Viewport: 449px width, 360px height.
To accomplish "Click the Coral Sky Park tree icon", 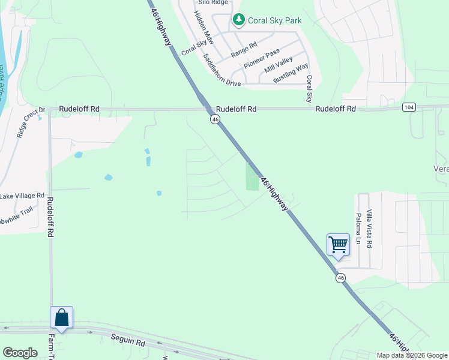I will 239,20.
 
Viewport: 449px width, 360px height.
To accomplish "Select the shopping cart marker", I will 338,245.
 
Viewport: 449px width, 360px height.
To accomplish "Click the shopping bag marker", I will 61,317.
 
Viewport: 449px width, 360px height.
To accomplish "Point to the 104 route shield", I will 409,107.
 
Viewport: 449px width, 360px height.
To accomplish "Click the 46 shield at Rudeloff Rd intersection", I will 214,119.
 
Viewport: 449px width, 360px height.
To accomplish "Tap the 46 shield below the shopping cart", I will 340,278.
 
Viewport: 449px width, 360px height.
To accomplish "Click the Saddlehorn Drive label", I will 221,70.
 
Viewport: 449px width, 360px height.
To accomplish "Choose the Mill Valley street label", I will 278,65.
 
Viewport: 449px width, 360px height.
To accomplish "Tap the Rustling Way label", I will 291,73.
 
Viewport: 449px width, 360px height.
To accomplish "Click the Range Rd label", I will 244,49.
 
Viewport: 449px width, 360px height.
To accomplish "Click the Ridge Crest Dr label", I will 31,123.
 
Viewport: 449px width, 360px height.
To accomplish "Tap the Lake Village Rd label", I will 22,196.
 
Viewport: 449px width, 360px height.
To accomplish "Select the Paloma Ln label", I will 358,229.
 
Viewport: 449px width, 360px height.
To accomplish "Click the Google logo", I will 20,353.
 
